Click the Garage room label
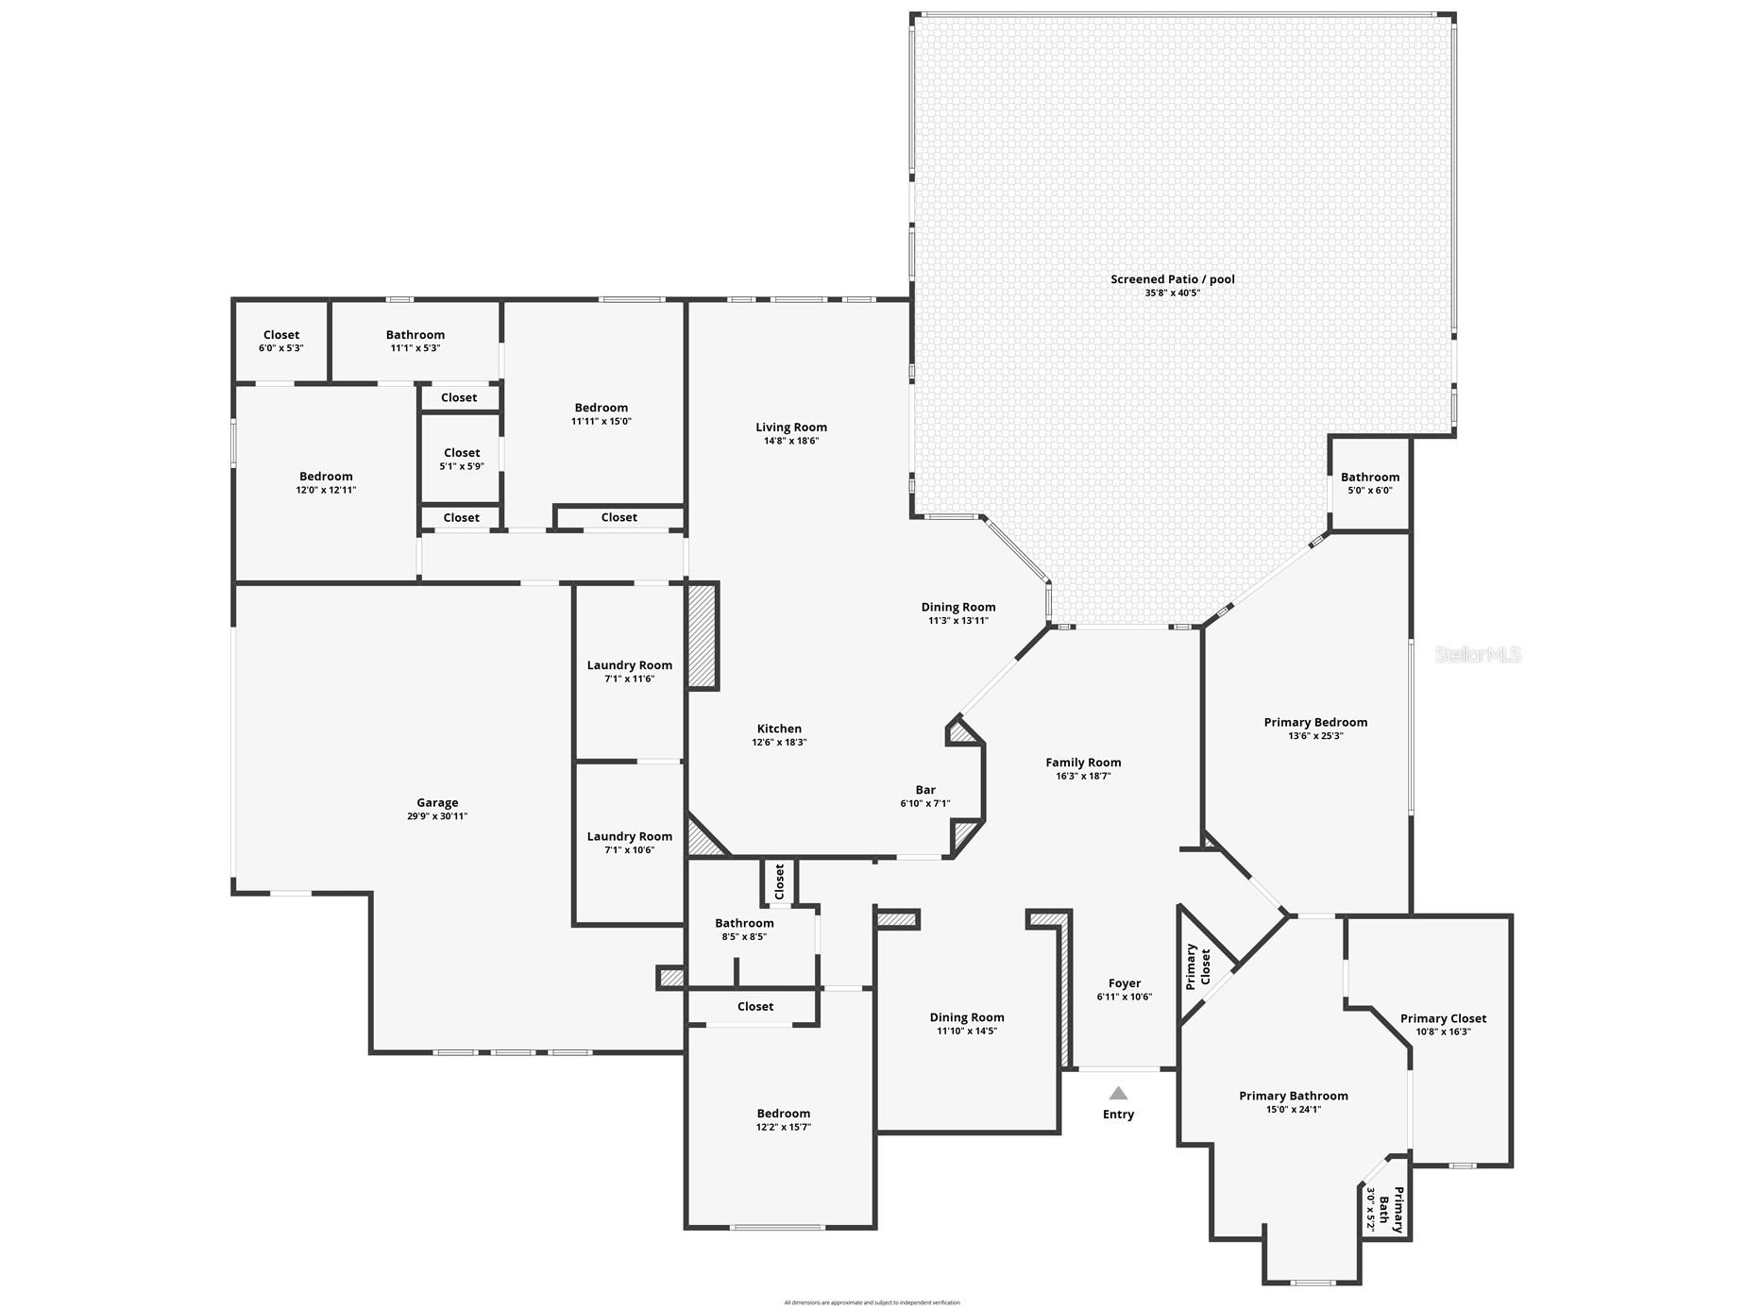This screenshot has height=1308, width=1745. tap(437, 803)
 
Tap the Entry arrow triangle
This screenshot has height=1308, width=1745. tap(1118, 1094)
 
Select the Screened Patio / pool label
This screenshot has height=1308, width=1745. tap(1172, 279)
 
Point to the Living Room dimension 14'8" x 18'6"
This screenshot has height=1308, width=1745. tap(791, 441)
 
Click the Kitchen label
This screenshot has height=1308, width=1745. tap(779, 729)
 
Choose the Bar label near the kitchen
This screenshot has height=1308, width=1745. tap(925, 790)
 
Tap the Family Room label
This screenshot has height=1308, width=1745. tap(1083, 763)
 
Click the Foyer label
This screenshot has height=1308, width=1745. tap(1125, 983)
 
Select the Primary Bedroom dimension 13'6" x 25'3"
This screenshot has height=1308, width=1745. tap(1315, 736)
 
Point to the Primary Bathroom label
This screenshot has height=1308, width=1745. tap(1293, 1096)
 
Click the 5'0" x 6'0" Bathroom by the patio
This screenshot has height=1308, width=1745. tap(1369, 483)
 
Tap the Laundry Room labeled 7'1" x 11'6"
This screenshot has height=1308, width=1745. tap(630, 671)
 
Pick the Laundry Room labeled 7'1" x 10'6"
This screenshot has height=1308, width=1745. tap(630, 842)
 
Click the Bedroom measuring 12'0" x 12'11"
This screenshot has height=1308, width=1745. tap(326, 482)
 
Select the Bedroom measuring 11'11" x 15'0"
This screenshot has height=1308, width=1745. tap(601, 414)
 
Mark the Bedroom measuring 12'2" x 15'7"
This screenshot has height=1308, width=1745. tap(783, 1119)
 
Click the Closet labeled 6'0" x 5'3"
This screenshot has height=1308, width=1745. tap(281, 341)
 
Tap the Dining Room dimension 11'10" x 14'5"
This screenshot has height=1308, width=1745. tap(967, 1031)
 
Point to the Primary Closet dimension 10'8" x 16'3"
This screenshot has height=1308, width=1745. tap(1443, 1031)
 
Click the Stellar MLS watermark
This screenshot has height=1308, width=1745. tap(1478, 654)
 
